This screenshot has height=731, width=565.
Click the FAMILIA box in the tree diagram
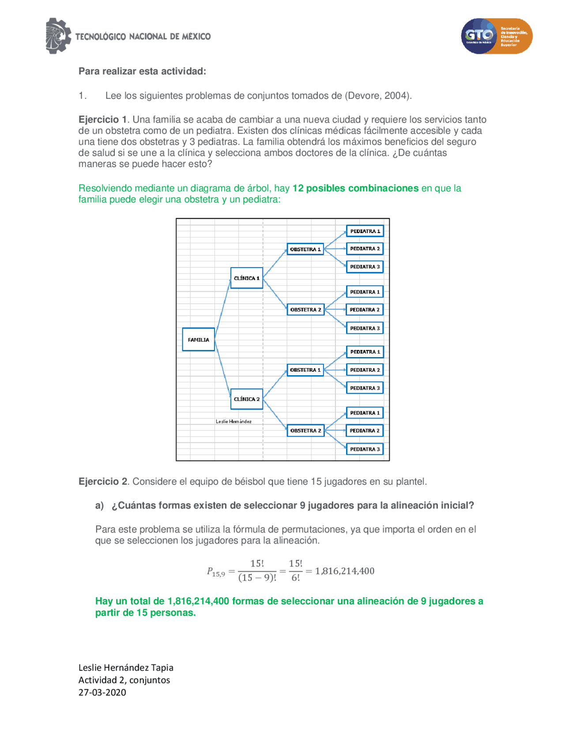pyautogui.click(x=198, y=339)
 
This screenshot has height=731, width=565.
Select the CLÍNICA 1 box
pyautogui.click(x=246, y=278)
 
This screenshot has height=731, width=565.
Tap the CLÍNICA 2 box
pyautogui.click(x=246, y=399)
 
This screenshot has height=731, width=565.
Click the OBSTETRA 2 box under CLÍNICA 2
pyautogui.click(x=305, y=430)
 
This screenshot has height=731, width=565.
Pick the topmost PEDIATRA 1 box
pyautogui.click(x=365, y=231)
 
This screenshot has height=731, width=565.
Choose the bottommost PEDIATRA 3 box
pyautogui.click(x=365, y=449)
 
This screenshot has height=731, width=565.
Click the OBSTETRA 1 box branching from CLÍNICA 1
pyautogui.click(x=305, y=249)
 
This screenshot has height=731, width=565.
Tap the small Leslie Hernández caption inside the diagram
pyautogui.click(x=234, y=422)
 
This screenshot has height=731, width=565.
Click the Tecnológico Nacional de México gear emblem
pyautogui.click(x=58, y=36)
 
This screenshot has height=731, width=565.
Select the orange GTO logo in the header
pyautogui.click(x=497, y=36)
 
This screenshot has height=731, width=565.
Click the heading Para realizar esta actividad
pyautogui.click(x=142, y=72)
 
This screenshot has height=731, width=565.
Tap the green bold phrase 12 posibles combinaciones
pyautogui.click(x=355, y=188)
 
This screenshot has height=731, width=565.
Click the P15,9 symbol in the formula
pyautogui.click(x=216, y=572)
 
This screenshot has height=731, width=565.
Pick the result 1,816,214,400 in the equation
pyautogui.click(x=344, y=571)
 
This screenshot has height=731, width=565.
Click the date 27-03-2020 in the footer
pyautogui.click(x=102, y=692)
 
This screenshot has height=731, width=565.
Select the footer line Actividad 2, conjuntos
pyautogui.click(x=124, y=680)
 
